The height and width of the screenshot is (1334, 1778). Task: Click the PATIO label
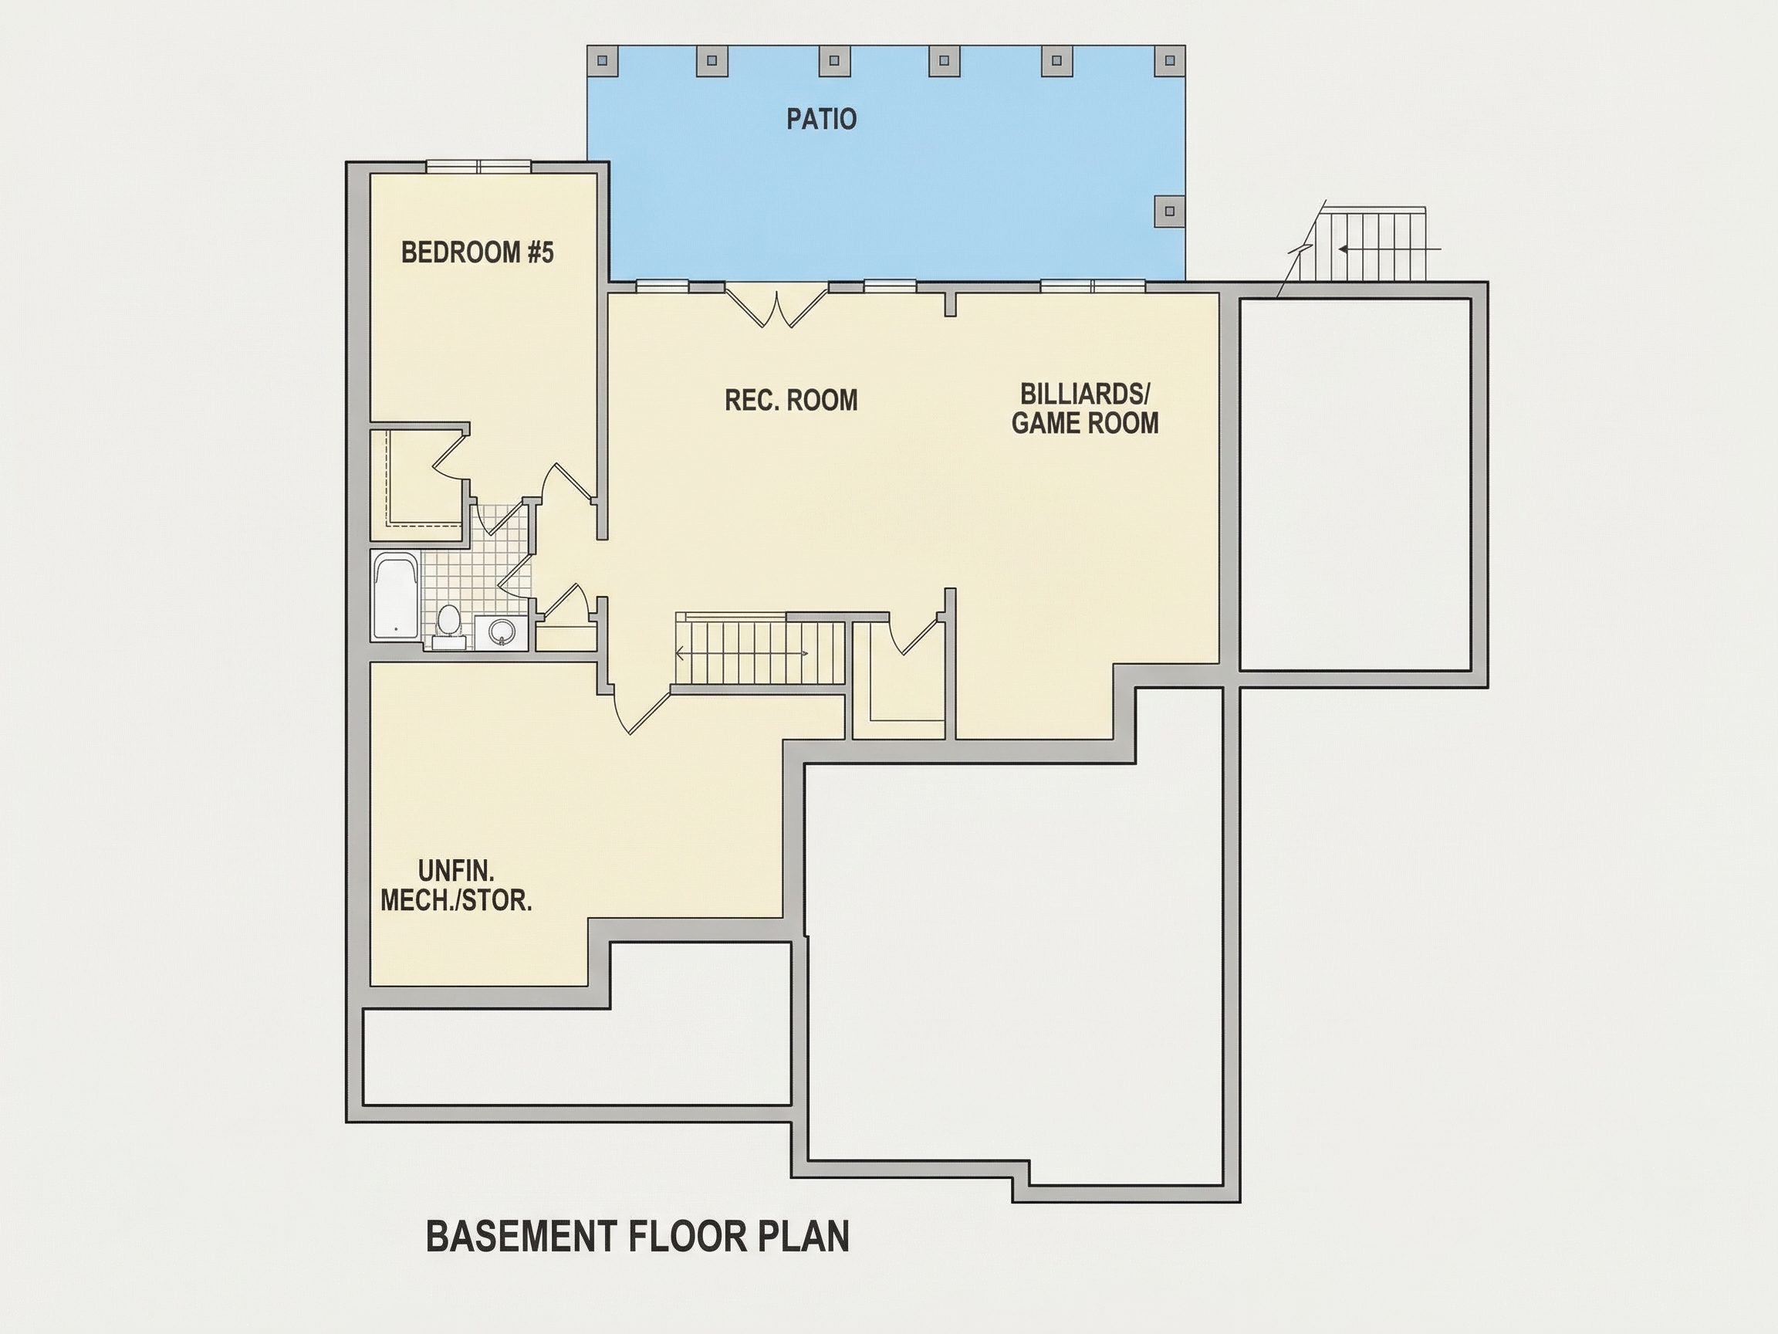(820, 119)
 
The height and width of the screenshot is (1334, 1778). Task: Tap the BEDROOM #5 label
(478, 252)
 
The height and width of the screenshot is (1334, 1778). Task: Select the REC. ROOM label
(791, 401)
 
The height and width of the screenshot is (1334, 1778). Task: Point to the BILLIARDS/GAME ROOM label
(1085, 408)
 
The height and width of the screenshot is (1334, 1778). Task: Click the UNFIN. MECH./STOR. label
(456, 885)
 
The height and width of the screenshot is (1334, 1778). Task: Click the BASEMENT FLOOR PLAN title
(637, 1236)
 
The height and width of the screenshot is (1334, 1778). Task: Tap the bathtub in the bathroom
(395, 596)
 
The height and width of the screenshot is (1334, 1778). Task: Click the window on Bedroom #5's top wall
(478, 167)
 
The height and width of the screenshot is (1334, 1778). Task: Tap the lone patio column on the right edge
(1170, 212)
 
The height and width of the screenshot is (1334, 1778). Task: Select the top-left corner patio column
(603, 60)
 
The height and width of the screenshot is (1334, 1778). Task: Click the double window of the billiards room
(1093, 286)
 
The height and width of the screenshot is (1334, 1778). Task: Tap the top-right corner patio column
(1170, 60)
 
